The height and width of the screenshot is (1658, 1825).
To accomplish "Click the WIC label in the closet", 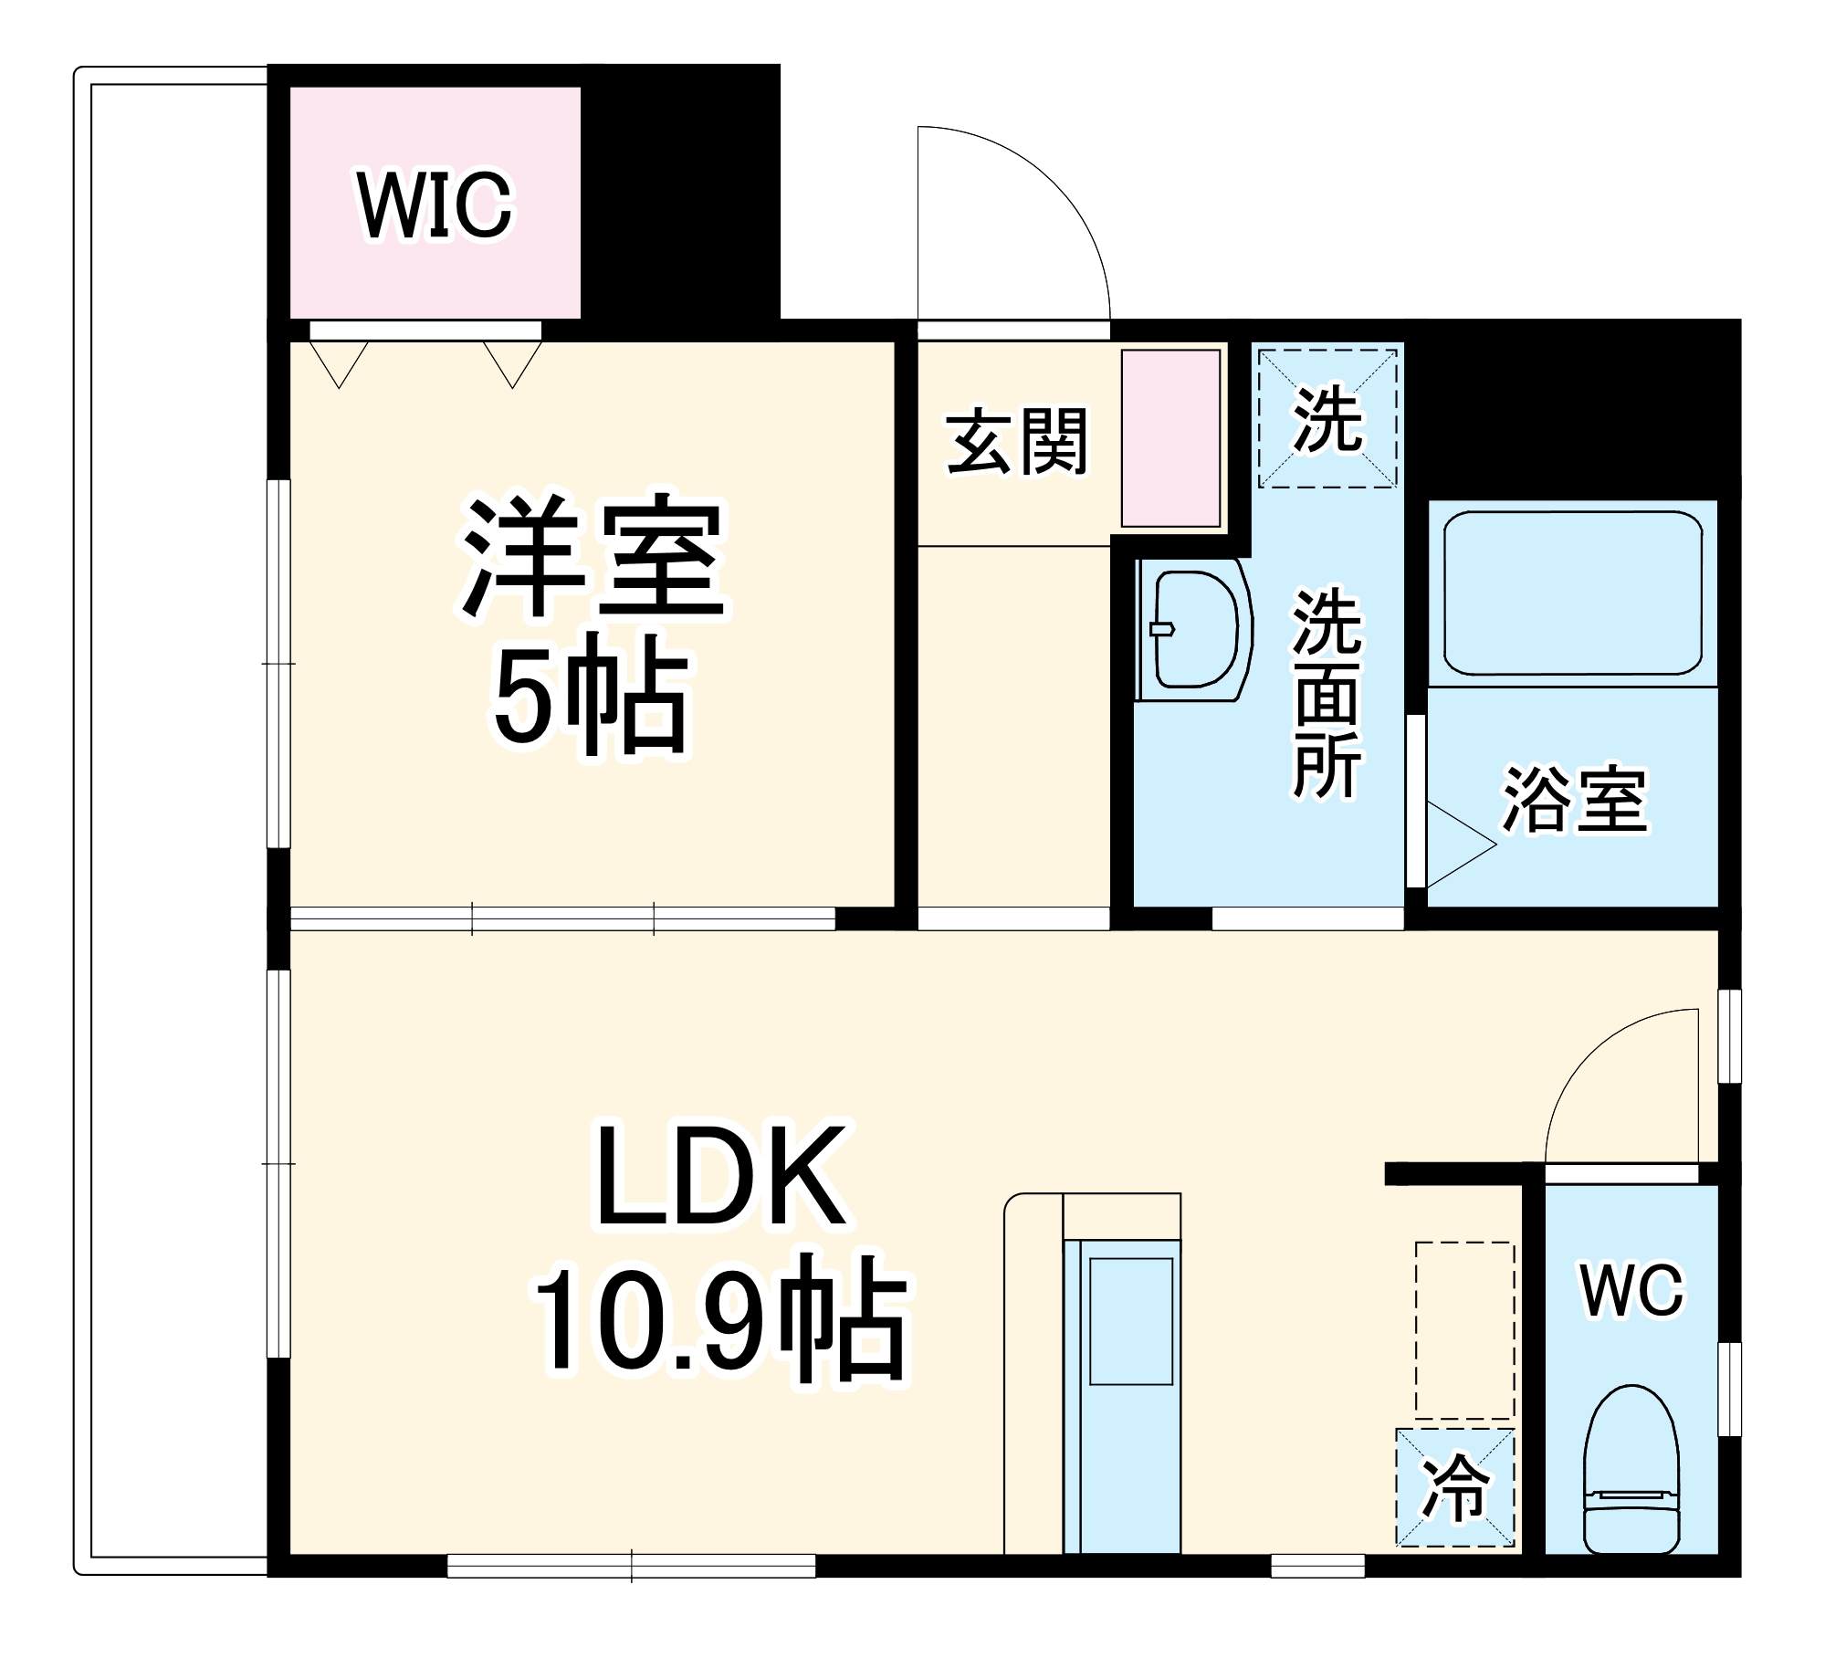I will click(435, 205).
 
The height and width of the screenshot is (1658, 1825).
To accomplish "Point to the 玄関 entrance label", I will click(1017, 442).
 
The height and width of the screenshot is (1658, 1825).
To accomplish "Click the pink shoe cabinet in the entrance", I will click(1170, 438).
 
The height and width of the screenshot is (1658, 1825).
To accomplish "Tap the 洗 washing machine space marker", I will click(1327, 419).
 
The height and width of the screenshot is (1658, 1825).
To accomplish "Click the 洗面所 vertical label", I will click(1327, 694).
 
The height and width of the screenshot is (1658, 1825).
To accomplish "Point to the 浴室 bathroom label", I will click(1575, 799).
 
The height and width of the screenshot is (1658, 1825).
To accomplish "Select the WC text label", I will click(1631, 1291).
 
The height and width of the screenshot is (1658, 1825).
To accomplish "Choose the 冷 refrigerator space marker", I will click(1454, 1488).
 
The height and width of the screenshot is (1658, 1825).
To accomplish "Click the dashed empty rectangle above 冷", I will click(1464, 1329).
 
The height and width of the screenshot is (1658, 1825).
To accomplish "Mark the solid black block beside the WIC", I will click(680, 192).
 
